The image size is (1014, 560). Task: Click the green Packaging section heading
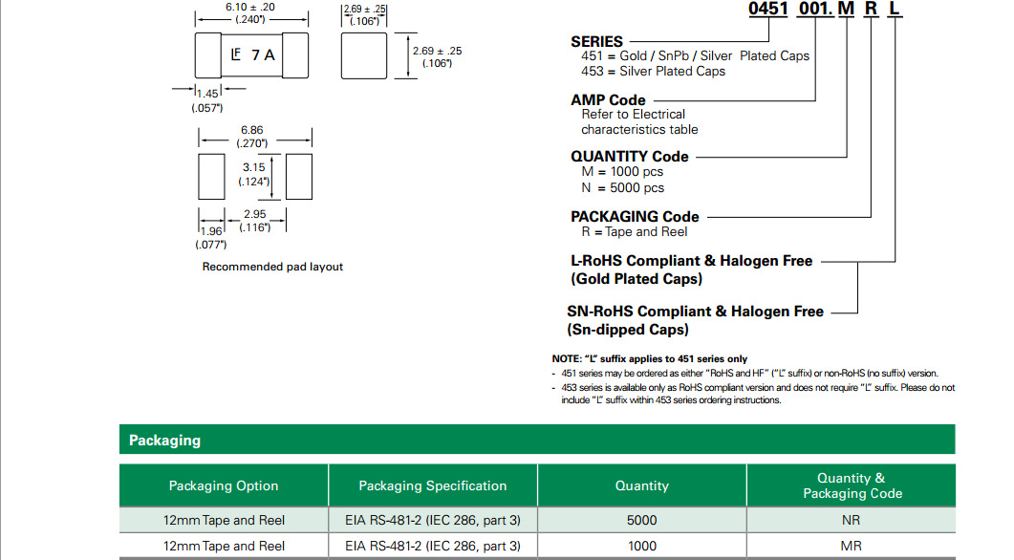[165, 441]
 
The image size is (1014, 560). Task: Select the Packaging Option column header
[224, 485]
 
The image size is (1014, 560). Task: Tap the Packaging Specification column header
[433, 485]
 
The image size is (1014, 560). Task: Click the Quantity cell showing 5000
[641, 520]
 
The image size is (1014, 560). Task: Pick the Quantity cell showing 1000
[641, 546]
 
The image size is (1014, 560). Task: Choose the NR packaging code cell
[851, 520]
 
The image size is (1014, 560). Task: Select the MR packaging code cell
[851, 546]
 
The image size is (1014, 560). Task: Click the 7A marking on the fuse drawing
[263, 55]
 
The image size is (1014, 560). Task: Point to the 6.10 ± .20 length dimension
[250, 7]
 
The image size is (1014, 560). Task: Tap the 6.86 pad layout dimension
[252, 130]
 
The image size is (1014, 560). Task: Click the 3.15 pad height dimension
[253, 167]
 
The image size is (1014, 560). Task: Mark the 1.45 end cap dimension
[207, 94]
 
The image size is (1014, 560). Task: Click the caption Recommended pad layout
[272, 267]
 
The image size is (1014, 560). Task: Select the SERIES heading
[596, 41]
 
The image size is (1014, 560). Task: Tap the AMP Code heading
[608, 99]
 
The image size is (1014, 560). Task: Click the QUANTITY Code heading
[629, 156]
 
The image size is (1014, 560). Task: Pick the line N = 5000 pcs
[622, 187]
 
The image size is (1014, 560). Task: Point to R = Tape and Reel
[634, 231]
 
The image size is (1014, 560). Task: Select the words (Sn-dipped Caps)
[628, 330]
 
